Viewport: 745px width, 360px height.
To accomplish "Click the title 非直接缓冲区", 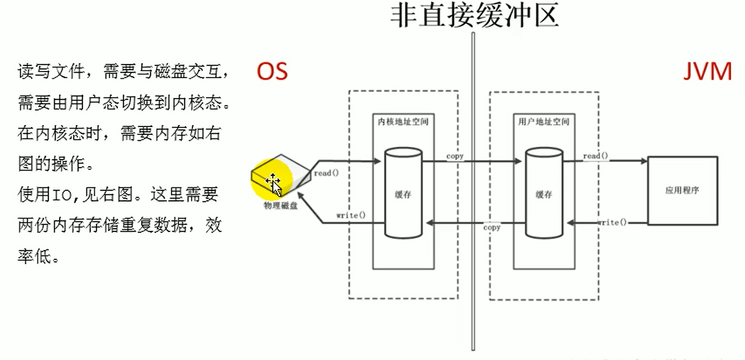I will coord(474,15).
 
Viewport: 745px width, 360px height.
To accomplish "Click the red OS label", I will coord(272,71).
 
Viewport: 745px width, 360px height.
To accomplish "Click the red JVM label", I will coord(707,71).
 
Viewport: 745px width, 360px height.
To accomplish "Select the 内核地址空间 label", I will coord(402,121).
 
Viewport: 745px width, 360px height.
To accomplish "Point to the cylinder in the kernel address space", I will coord(403,194).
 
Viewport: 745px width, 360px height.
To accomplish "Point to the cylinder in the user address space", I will coord(544,194).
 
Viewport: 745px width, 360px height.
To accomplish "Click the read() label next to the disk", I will coord(326,173).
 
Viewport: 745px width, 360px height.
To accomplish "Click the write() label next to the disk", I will coord(351,214).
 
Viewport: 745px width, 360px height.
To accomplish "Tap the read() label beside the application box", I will coord(595,156).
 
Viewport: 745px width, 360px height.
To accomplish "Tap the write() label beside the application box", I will coord(612,222).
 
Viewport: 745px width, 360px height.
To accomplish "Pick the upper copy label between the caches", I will coord(455,156).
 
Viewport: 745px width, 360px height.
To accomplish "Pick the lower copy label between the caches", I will coord(491,228).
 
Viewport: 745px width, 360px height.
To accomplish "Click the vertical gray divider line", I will coord(472,213).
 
